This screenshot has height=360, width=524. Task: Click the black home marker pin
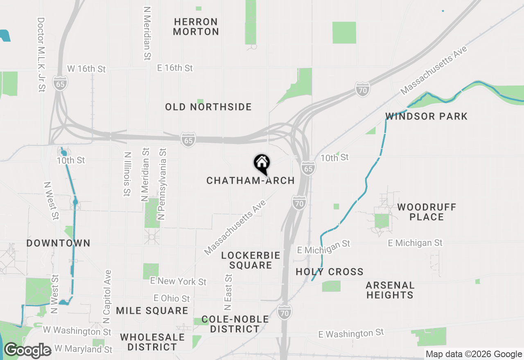point(262,164)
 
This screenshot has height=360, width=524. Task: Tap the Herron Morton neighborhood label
point(196,27)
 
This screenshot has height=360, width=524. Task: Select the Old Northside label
point(208,107)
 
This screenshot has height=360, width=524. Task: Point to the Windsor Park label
point(426,117)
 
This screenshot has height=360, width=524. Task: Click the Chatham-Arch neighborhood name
point(251,180)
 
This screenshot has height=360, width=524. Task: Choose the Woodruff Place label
point(427,212)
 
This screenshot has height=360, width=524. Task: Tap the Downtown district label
point(59,243)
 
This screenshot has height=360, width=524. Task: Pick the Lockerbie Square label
point(251,260)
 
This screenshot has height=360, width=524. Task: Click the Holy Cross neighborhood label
point(330,272)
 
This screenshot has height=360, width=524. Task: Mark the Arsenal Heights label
point(390,290)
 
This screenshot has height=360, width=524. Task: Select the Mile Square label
point(152,311)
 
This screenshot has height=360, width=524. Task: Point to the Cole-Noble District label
point(235,324)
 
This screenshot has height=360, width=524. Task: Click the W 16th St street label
point(86,69)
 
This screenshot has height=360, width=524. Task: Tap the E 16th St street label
point(175,68)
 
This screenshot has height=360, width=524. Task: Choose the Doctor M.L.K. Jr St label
point(41,54)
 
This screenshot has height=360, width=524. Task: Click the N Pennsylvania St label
point(163,184)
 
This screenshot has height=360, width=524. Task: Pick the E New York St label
point(178,281)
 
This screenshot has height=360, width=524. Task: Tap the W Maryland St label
point(84,349)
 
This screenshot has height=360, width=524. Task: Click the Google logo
point(28,350)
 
